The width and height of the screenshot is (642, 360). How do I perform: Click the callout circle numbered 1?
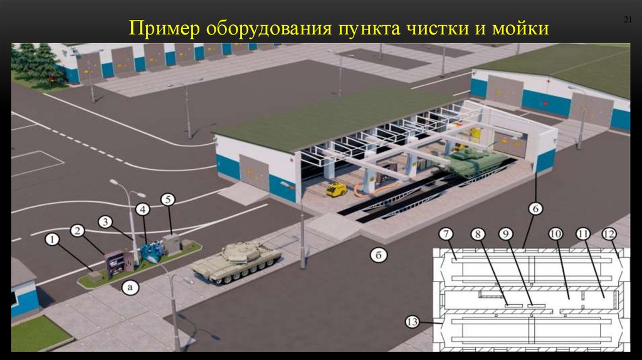click(53, 239)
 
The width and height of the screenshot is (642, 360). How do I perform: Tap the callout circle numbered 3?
click(105, 221)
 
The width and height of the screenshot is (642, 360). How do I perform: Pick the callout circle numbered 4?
click(143, 208)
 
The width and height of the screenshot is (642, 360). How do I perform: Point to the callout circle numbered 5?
click(167, 199)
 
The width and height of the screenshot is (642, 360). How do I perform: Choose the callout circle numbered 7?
click(446, 235)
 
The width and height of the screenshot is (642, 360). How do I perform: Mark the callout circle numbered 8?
click(478, 235)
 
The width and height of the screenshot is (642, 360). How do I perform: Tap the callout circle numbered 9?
click(507, 235)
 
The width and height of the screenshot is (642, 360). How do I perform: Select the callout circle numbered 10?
click(555, 235)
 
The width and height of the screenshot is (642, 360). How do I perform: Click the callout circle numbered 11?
click(583, 235)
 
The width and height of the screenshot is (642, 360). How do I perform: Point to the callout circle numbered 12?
click(609, 235)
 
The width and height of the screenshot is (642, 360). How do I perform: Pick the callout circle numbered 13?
click(411, 322)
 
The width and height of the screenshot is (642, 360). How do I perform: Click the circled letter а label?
click(130, 288)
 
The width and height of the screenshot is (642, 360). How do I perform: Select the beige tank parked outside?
click(236, 260)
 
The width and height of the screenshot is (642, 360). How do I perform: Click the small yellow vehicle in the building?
click(337, 189)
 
